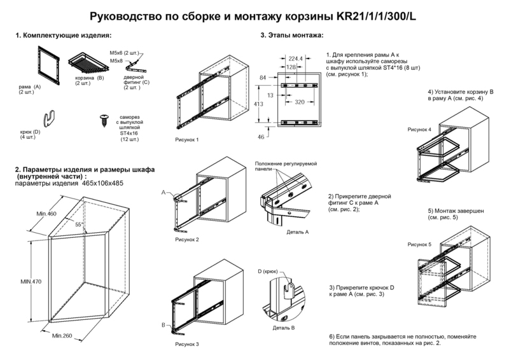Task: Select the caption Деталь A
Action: (x=296, y=233)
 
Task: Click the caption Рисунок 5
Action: (x=419, y=244)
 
